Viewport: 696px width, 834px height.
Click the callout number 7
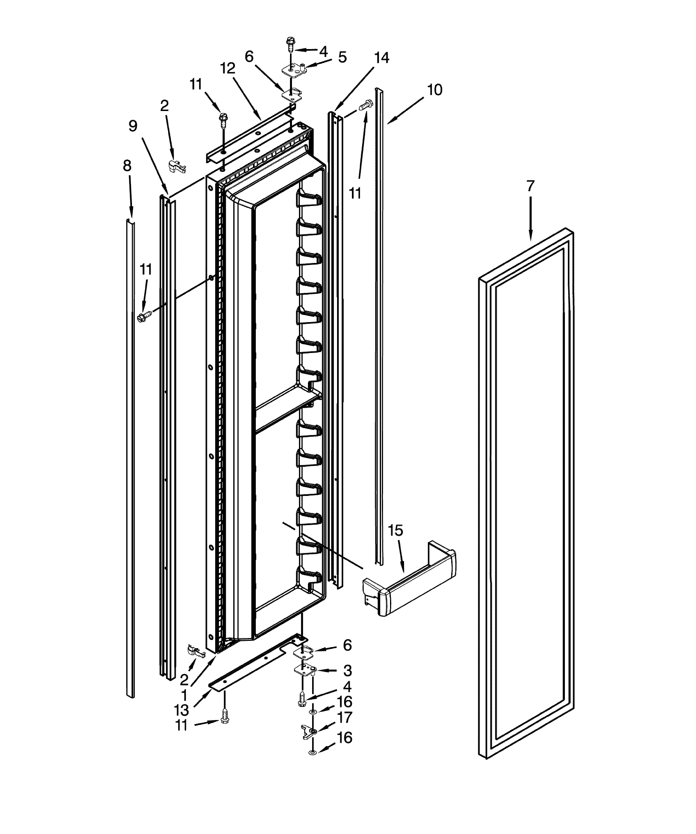[530, 186]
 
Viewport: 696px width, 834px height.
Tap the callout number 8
[127, 166]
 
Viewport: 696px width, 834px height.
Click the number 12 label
[228, 69]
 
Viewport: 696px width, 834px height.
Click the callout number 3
[347, 671]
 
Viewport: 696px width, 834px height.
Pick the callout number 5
[342, 57]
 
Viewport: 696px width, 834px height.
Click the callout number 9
[133, 126]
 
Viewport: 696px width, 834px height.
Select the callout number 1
[184, 695]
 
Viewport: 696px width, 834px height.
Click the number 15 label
[395, 531]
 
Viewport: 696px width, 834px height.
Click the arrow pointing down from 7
[530, 218]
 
